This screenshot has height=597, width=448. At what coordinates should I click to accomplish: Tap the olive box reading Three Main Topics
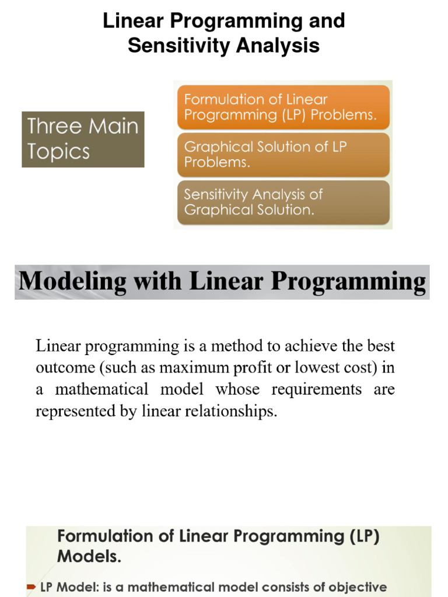click(83, 139)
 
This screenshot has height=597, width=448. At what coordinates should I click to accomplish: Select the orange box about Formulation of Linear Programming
click(283, 107)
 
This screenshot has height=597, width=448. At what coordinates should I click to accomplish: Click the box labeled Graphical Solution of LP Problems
click(283, 154)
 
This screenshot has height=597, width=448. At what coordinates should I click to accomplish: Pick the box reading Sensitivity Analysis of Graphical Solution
click(283, 202)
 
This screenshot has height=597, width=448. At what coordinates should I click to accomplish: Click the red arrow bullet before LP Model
click(32, 587)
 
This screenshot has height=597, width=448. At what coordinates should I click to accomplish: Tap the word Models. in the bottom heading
click(89, 557)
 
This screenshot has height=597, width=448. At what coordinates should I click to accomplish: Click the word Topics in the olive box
click(59, 152)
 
